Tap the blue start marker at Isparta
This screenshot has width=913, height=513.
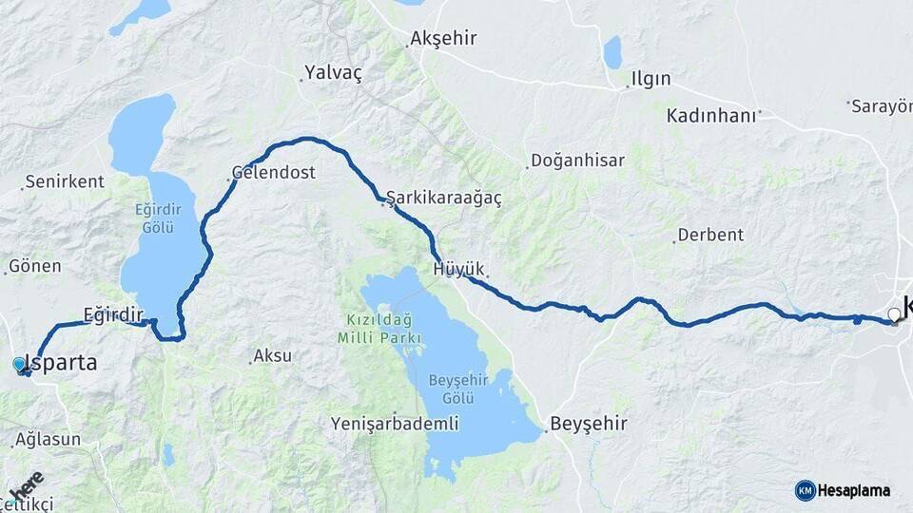pyautogui.click(x=19, y=364)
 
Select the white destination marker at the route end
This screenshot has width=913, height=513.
pyautogui.click(x=893, y=314)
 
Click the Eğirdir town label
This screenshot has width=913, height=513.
pyautogui.click(x=112, y=314)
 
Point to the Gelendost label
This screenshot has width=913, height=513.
pyautogui.click(x=274, y=173)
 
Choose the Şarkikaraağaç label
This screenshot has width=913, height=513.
pyautogui.click(x=443, y=199)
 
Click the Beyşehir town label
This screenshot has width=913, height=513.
pyautogui.click(x=588, y=424)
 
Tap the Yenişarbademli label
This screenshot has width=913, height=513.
pyautogui.click(x=395, y=424)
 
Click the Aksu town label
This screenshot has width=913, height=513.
pyautogui.click(x=274, y=356)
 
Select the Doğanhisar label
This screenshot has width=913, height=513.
pyautogui.click(x=577, y=161)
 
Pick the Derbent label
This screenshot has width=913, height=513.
pyautogui.click(x=710, y=235)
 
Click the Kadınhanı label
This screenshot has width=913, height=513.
pyautogui.click(x=711, y=115)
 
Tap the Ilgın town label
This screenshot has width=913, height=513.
pyautogui.click(x=651, y=79)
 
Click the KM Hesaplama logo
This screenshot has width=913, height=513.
pyautogui.click(x=843, y=490)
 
